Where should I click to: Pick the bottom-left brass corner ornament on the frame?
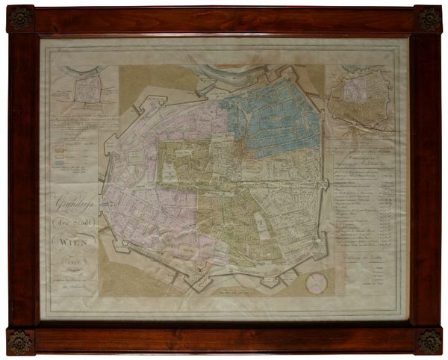(x=20, y=341)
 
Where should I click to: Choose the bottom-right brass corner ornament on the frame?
(x=429, y=341)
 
